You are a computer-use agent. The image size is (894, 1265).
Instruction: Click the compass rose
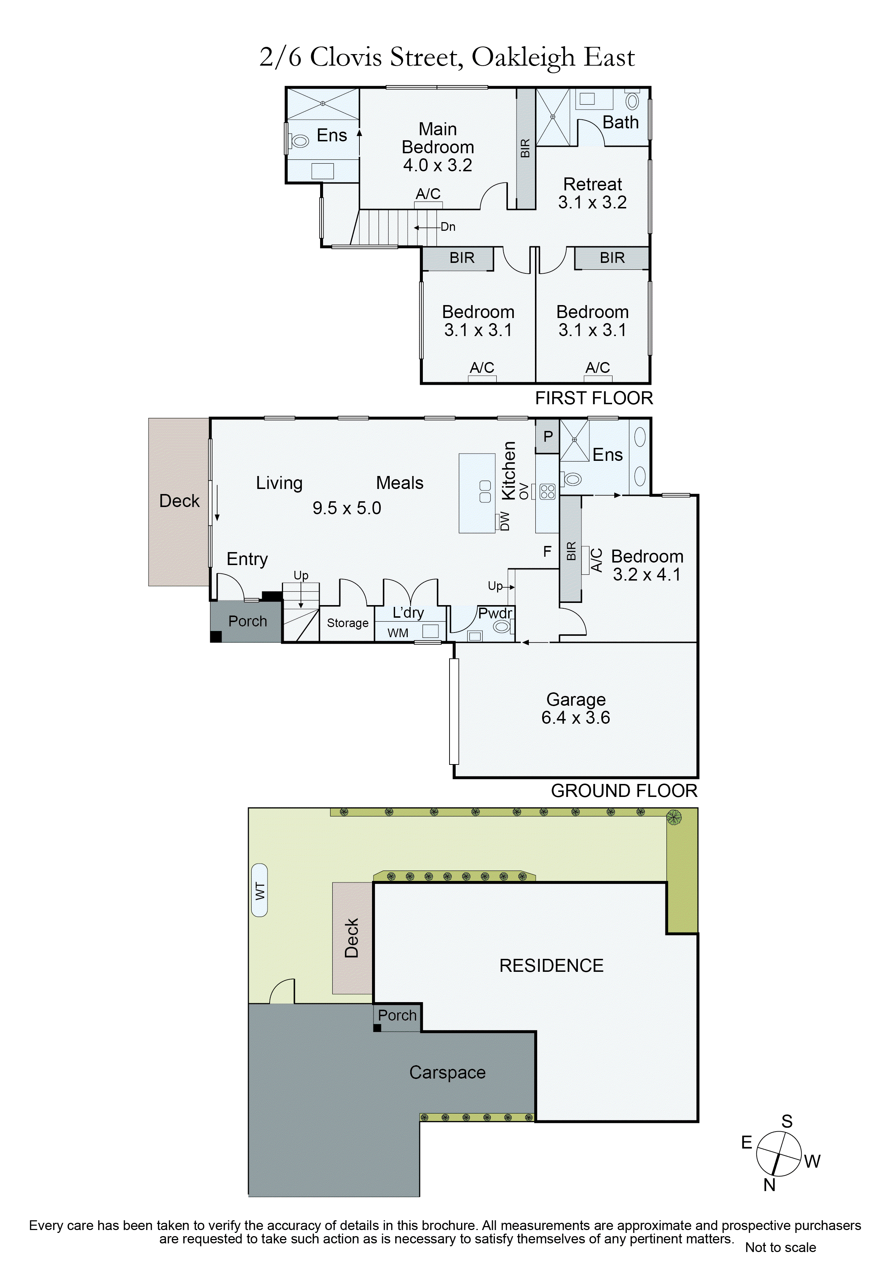click(x=778, y=1154)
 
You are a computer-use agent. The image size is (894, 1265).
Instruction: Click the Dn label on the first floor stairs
click(x=448, y=226)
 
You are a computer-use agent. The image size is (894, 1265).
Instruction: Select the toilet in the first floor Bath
click(x=632, y=101)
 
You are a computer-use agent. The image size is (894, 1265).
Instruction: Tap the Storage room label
click(x=348, y=623)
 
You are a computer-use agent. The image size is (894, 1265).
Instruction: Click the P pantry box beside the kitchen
click(x=548, y=436)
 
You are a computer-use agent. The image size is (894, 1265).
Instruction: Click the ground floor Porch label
click(x=247, y=621)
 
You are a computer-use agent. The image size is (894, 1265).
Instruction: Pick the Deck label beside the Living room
click(x=179, y=501)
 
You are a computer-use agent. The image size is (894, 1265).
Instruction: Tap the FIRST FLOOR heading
click(x=594, y=398)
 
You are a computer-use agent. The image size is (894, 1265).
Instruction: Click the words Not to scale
click(x=780, y=1247)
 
